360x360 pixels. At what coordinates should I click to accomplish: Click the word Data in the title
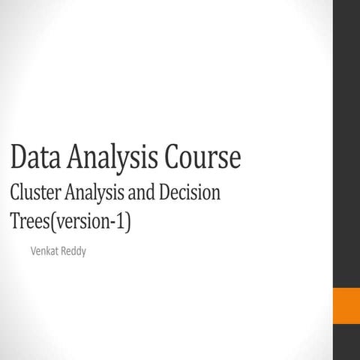click(34, 157)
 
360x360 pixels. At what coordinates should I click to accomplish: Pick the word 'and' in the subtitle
click(145, 193)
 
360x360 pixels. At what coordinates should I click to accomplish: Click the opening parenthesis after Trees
click(51, 223)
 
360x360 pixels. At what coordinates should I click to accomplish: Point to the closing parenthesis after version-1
click(127, 223)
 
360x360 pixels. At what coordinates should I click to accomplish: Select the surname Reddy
click(73, 250)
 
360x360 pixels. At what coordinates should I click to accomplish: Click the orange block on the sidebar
click(346, 303)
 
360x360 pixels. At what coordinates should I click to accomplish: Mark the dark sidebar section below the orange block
click(346, 342)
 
